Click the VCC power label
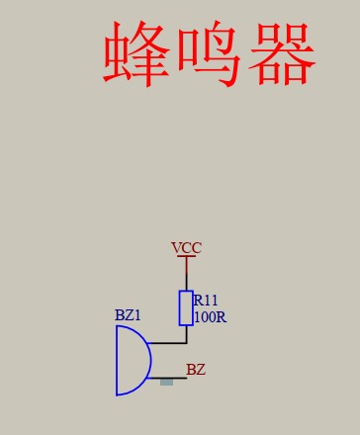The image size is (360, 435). (x=186, y=248)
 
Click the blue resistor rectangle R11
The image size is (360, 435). (x=186, y=308)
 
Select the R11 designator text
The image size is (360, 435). (x=206, y=301)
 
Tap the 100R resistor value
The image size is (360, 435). (x=210, y=317)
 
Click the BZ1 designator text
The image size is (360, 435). (x=129, y=315)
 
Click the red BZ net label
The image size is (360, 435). (x=196, y=370)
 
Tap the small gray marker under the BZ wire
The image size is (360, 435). (x=166, y=382)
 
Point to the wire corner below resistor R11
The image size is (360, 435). (x=186, y=343)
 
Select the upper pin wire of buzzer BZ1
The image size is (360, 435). (x=168, y=343)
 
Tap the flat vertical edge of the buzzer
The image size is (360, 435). (x=117, y=361)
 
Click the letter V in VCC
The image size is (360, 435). (x=176, y=248)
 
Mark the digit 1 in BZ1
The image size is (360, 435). (x=138, y=315)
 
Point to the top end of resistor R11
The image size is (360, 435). (x=186, y=292)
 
